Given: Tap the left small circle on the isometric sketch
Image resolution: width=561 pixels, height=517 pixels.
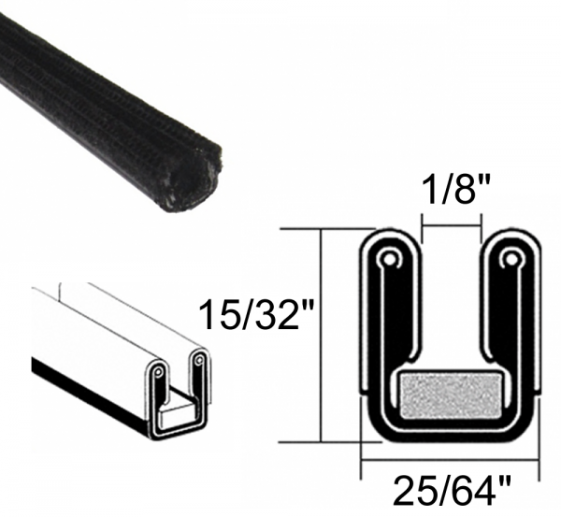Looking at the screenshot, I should point(162,371).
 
